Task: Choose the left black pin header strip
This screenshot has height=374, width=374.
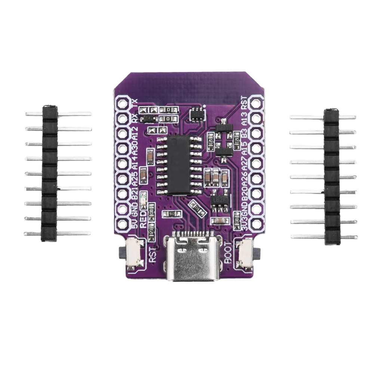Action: [x=49, y=173]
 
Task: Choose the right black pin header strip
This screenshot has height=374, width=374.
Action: [x=332, y=177]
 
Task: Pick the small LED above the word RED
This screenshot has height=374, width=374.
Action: [x=142, y=204]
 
